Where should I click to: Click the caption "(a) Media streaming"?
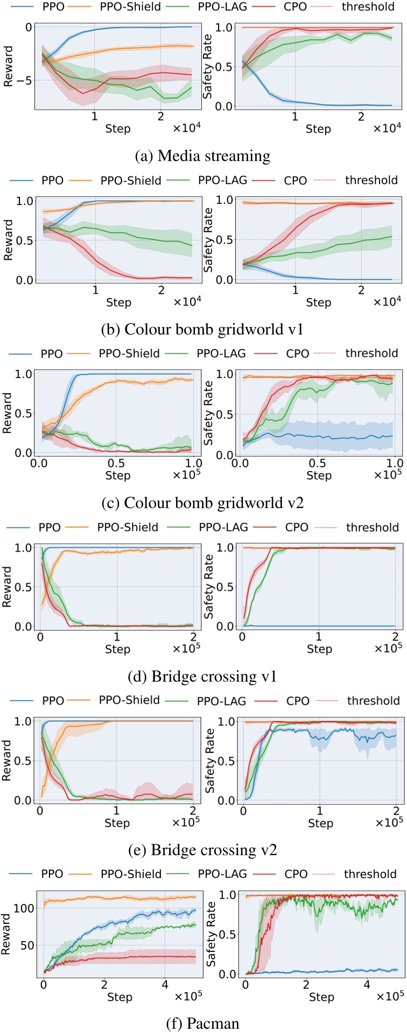click(202, 156)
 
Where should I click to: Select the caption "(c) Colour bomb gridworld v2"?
click(202, 503)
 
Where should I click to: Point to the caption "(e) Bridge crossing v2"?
click(202, 850)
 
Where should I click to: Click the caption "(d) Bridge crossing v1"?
click(202, 676)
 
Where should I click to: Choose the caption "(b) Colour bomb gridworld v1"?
click(202, 329)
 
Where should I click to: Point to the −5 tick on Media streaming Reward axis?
click(24, 80)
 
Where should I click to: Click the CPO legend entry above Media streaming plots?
click(295, 7)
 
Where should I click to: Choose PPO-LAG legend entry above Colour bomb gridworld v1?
click(222, 180)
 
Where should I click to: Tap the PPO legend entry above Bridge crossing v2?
click(53, 701)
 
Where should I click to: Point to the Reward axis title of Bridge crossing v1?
click(8, 586)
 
